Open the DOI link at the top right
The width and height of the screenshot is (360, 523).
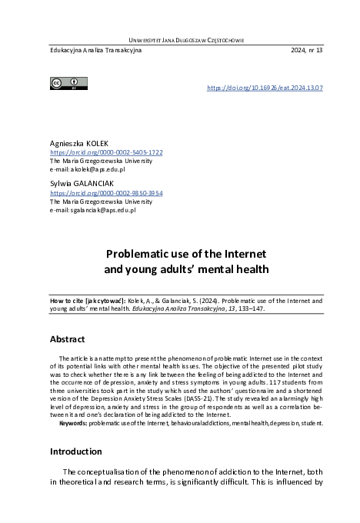(265, 88)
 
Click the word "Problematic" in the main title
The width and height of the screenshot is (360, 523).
(141, 253)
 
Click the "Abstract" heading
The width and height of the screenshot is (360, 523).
(68, 339)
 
